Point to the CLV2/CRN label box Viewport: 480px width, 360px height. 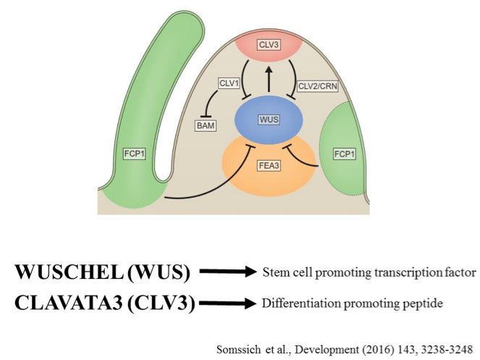[318, 85]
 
